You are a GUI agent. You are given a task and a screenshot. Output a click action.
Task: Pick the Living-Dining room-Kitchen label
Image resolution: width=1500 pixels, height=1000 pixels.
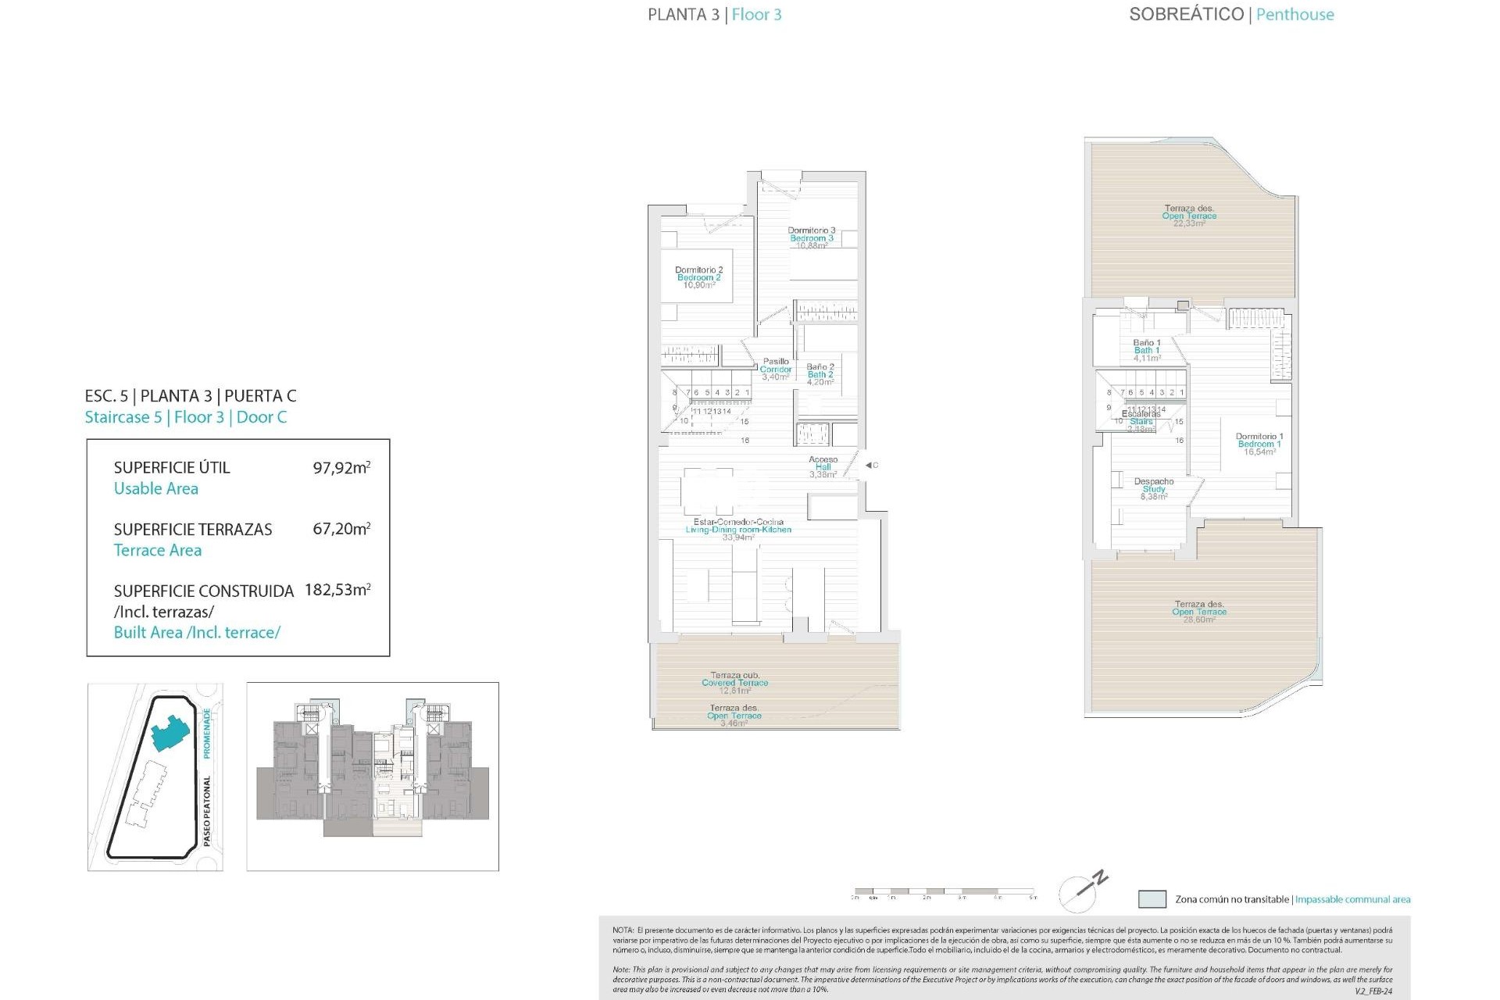(738, 529)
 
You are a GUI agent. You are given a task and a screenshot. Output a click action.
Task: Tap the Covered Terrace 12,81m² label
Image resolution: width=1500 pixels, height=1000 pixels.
(734, 683)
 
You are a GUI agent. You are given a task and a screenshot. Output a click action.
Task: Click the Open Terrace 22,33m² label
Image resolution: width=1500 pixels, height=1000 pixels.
(1189, 216)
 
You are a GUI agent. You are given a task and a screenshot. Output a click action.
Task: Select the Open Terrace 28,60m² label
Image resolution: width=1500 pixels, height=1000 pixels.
(1199, 611)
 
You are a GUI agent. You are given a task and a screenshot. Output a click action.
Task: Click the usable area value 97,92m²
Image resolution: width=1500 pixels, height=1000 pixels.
(341, 468)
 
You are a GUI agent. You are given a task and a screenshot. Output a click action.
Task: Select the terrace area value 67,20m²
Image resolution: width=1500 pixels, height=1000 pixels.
(341, 529)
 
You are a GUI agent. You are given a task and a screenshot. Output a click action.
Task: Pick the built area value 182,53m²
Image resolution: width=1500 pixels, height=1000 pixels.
(337, 590)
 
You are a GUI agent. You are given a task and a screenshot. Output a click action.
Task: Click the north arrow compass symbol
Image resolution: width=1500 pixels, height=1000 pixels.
(1084, 891)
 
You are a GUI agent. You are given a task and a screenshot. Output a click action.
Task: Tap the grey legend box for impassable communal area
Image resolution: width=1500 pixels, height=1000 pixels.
(1152, 899)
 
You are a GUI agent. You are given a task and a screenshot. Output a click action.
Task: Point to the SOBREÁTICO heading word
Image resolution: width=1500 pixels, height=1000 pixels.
(1186, 14)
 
